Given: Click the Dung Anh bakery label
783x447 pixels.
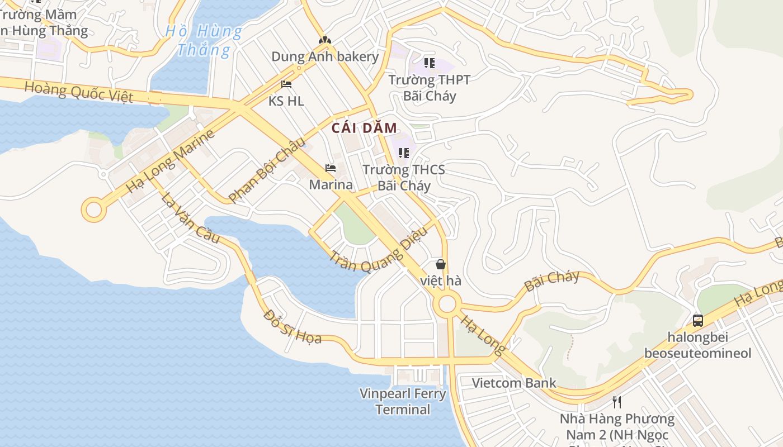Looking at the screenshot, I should click(x=325, y=56).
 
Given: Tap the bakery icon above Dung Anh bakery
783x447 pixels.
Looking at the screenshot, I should click(x=324, y=40).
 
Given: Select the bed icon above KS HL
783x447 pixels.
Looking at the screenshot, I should click(x=286, y=84).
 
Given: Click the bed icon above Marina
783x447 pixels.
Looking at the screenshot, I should click(x=331, y=168).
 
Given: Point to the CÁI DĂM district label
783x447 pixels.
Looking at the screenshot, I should click(x=364, y=128).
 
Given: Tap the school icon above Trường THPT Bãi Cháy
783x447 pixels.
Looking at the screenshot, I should click(x=429, y=63).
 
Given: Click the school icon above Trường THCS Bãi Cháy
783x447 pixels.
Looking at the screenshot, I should click(x=403, y=153).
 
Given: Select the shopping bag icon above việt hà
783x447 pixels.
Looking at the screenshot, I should click(x=441, y=264).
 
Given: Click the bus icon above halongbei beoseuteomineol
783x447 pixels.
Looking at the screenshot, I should click(x=697, y=320).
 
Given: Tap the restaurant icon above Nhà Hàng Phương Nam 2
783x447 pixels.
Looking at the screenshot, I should click(x=617, y=402).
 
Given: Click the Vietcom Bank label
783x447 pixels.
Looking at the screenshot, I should click(x=514, y=383).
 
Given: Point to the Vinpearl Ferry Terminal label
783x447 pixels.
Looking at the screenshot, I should click(x=403, y=401).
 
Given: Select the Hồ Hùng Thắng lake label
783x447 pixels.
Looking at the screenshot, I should click(x=204, y=40).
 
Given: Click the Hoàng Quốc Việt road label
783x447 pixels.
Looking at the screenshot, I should click(x=79, y=92).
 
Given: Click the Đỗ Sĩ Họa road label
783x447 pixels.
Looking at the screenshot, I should click(x=293, y=326).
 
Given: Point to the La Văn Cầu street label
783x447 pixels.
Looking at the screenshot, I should click(x=190, y=217).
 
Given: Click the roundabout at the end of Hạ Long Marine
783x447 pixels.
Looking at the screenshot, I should click(x=93, y=211).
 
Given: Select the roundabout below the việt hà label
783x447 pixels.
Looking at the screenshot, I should click(x=447, y=305).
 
